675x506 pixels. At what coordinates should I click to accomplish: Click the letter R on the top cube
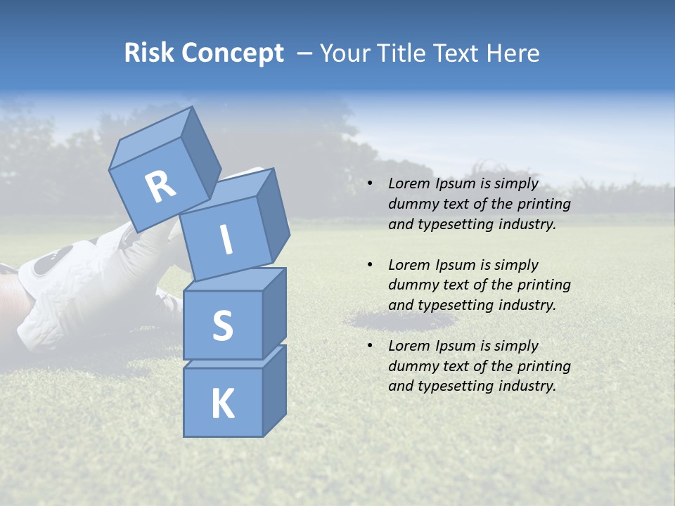[160, 188]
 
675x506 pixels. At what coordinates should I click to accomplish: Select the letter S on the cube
[222, 325]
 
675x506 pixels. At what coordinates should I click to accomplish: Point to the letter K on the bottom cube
[222, 403]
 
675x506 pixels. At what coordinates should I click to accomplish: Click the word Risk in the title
[149, 53]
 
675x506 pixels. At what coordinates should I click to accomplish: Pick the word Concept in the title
[233, 53]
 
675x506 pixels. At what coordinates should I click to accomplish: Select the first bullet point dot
[371, 183]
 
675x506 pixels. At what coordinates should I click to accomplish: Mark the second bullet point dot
[371, 265]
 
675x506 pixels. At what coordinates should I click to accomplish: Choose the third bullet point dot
[371, 346]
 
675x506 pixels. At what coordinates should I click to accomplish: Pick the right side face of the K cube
[274, 390]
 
